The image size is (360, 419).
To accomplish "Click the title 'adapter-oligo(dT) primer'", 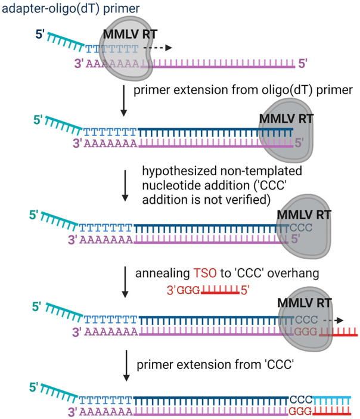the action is click(x=70, y=8).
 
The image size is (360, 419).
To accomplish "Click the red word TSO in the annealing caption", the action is click(x=205, y=273).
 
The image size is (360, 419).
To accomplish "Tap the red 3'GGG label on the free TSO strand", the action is click(x=184, y=290).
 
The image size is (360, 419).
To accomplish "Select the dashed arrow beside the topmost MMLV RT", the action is click(x=158, y=48).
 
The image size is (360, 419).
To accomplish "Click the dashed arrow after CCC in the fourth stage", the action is click(x=333, y=320).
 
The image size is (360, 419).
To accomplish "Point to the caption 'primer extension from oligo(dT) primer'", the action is click(x=243, y=90).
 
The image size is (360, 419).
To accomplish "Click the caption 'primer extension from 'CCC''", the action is click(x=215, y=365).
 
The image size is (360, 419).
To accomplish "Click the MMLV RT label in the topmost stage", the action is click(x=130, y=34).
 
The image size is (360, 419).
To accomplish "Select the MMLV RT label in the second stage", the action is click(x=286, y=119).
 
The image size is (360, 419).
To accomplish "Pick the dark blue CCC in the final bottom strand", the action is click(x=301, y=400).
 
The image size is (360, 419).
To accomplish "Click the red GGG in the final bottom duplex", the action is click(x=300, y=411).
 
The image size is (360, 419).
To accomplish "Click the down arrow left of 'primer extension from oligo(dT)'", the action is click(x=123, y=101).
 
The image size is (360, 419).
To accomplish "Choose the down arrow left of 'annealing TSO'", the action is click(x=125, y=282).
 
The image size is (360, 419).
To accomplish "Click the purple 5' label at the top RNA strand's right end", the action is click(x=303, y=64).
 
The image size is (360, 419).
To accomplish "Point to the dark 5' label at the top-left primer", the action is click(x=40, y=35).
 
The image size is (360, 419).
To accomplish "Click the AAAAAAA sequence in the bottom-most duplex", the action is click(x=106, y=411).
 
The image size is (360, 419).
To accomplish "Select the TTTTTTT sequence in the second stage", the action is click(x=110, y=132).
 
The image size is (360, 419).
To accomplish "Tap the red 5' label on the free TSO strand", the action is click(x=245, y=290).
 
